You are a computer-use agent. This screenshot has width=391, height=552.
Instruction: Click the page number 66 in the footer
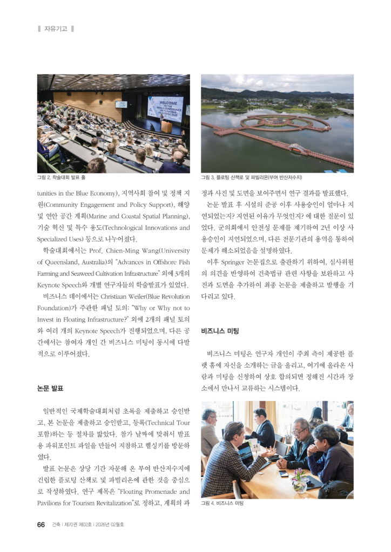pyautogui.click(x=41, y=525)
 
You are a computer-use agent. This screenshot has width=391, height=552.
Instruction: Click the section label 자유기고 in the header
pyautogui.click(x=56, y=29)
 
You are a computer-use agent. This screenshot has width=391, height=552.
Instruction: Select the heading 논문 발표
pyautogui.click(x=50, y=388)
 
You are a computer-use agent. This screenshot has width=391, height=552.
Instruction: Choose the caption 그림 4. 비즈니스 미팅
pyautogui.click(x=222, y=503)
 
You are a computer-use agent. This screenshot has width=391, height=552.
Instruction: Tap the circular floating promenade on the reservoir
pyautogui.click(x=285, y=123)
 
